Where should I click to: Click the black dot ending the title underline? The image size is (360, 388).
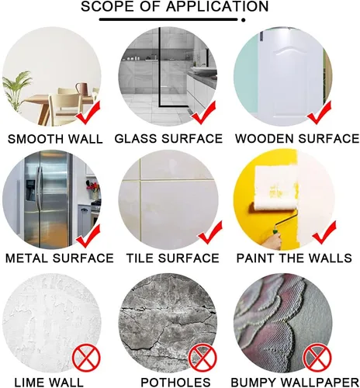tap(243, 19)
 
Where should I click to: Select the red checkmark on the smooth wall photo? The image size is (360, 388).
tap(88, 113)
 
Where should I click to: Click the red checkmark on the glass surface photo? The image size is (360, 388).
tap(203, 113)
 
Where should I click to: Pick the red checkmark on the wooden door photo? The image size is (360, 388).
tap(319, 113)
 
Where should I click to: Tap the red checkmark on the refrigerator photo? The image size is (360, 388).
tap(88, 236)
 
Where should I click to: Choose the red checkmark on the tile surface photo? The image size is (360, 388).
tap(210, 233)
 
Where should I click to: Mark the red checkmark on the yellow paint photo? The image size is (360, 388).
tap(324, 233)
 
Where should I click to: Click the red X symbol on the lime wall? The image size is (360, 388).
tap(86, 359)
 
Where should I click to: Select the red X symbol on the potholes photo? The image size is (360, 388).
tap(202, 359)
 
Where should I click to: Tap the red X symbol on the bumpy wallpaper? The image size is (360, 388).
tap(317, 359)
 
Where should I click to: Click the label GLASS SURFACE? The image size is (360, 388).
tap(168, 139)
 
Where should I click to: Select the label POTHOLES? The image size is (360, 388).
tap(175, 383)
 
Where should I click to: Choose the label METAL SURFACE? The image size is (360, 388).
tap(60, 258)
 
